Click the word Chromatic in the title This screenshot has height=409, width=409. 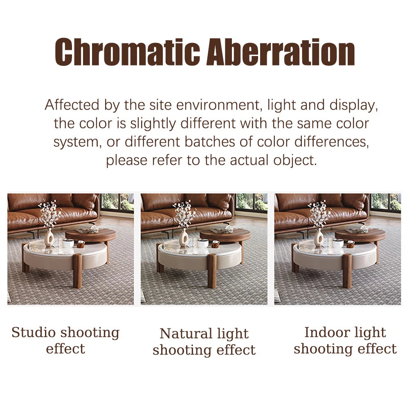127,52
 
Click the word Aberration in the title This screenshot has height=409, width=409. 281,52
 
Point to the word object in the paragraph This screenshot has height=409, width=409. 295,160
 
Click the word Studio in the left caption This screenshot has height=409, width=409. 34,333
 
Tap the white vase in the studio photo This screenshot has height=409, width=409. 49,238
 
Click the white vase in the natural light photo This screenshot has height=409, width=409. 184,238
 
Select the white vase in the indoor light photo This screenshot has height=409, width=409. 319,238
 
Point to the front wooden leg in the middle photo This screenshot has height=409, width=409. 212,271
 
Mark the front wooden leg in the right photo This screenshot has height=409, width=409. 347,271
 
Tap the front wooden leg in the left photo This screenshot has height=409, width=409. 77,271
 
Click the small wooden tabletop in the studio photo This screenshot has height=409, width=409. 90,234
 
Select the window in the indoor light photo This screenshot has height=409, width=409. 386,202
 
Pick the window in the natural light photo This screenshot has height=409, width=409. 252,202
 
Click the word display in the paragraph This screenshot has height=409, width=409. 353,106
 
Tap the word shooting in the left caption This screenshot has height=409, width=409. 90,333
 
